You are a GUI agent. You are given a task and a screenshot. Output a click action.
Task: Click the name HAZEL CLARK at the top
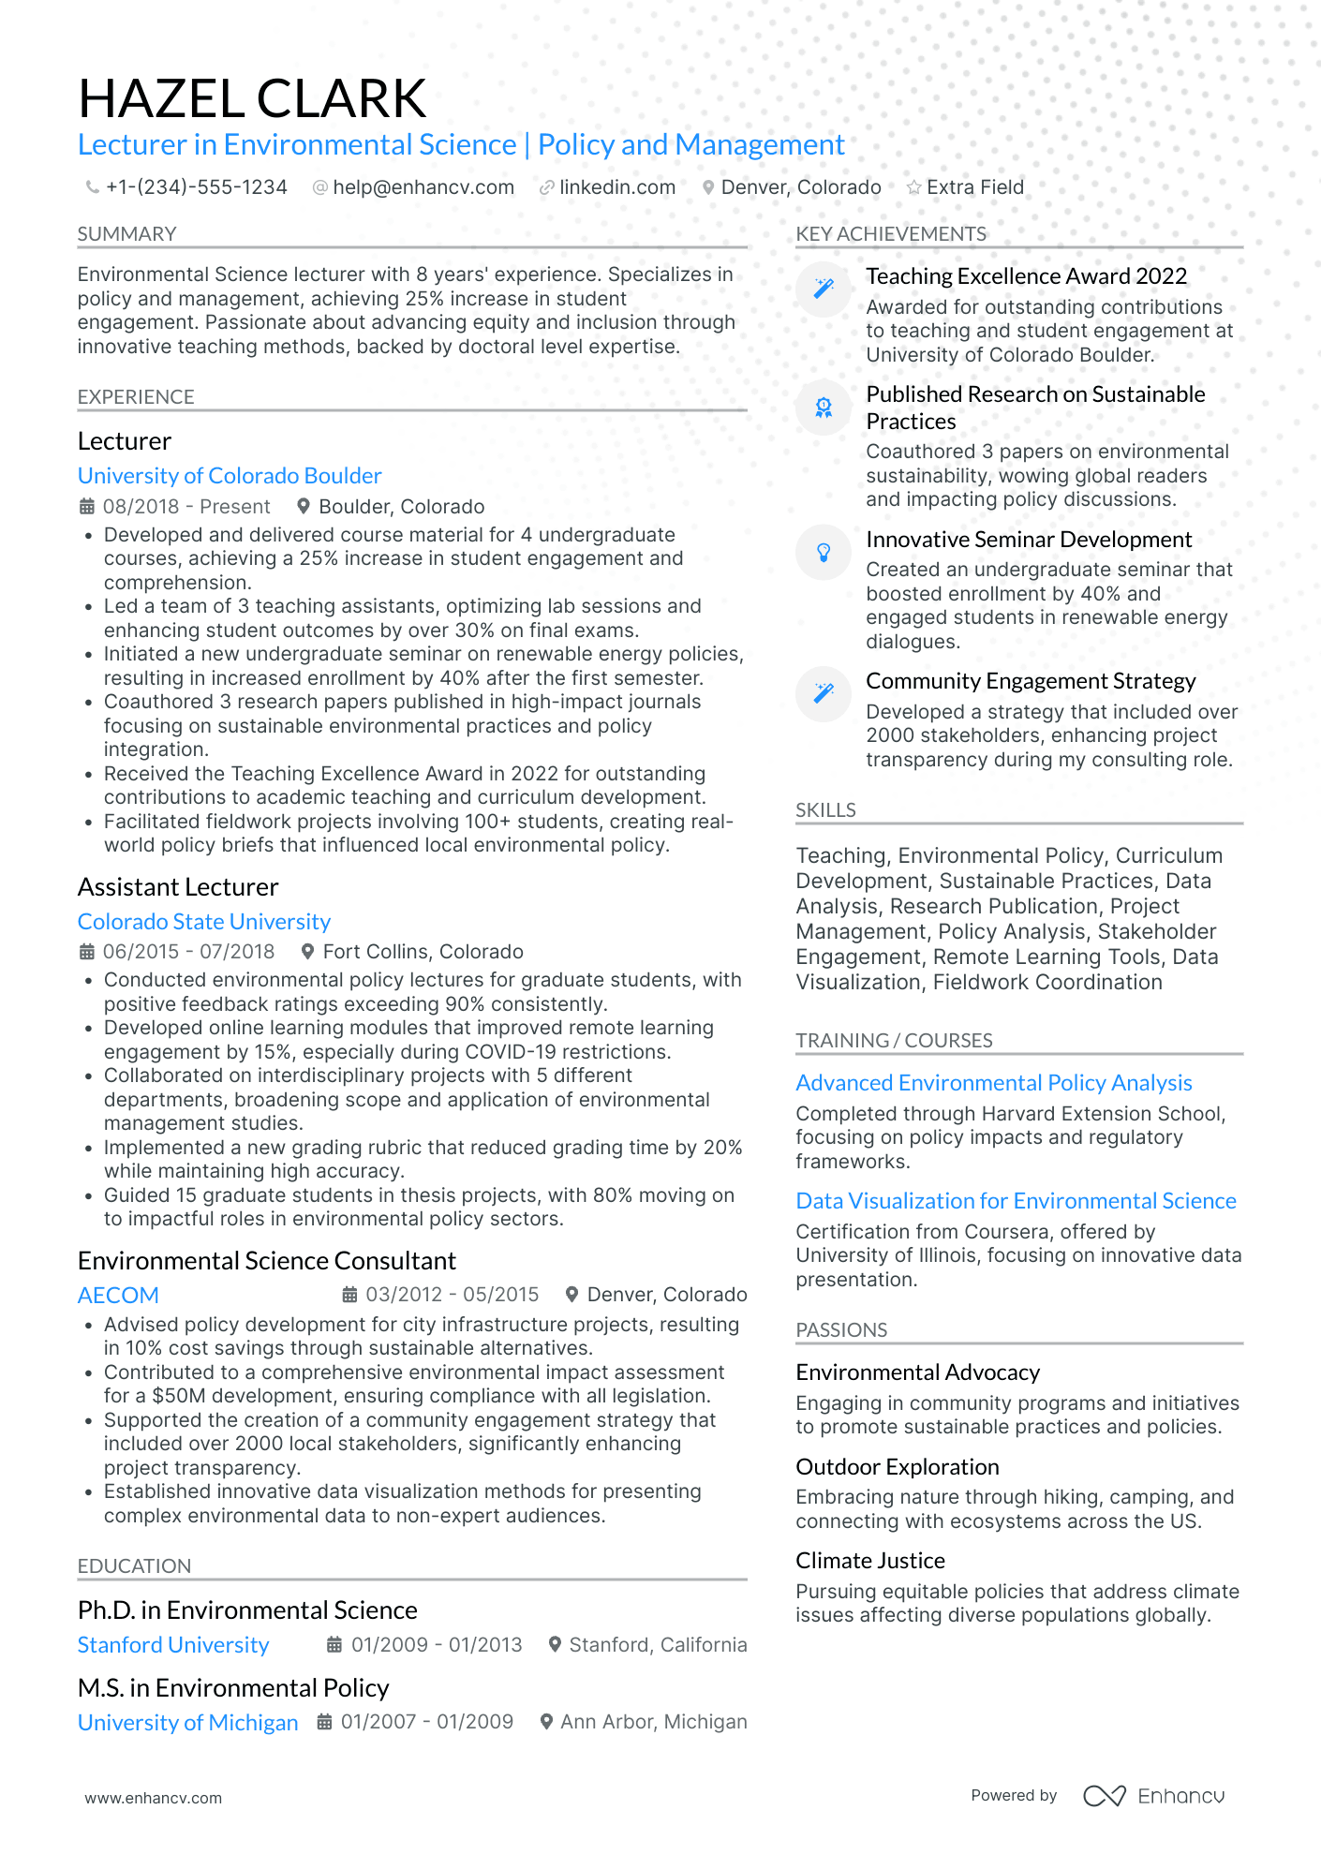(x=252, y=98)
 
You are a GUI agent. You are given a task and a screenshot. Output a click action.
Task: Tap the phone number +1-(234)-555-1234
(x=196, y=187)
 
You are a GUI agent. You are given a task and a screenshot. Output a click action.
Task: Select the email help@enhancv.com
(x=423, y=187)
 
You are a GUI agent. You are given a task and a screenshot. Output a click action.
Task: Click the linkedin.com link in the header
(x=616, y=187)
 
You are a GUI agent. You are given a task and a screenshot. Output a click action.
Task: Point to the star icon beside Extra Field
(x=913, y=187)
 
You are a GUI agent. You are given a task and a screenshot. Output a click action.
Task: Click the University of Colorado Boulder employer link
(x=230, y=476)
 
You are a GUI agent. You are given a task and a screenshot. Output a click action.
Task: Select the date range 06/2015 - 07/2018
(x=188, y=952)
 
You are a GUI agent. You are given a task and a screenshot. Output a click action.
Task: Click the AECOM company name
(x=118, y=1296)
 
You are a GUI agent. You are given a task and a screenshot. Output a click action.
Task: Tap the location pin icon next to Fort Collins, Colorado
(x=307, y=952)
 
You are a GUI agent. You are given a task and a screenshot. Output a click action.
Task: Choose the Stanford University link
(x=173, y=1645)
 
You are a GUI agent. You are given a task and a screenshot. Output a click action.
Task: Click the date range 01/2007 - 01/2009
(x=426, y=1722)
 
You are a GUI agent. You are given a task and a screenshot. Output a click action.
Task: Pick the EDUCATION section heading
(x=134, y=1566)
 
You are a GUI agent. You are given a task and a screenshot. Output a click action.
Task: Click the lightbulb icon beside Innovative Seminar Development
(x=824, y=553)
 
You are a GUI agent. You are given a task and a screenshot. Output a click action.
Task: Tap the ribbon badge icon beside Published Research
(x=824, y=408)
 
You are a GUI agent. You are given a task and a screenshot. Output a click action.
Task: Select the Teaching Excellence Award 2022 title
(x=1026, y=276)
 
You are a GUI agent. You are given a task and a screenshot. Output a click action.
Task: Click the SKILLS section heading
(x=825, y=810)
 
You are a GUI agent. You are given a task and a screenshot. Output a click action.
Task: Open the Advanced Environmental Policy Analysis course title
(x=993, y=1083)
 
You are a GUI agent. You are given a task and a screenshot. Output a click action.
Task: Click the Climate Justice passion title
(x=870, y=1561)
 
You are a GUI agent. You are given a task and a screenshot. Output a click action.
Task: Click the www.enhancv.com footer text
(x=154, y=1798)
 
